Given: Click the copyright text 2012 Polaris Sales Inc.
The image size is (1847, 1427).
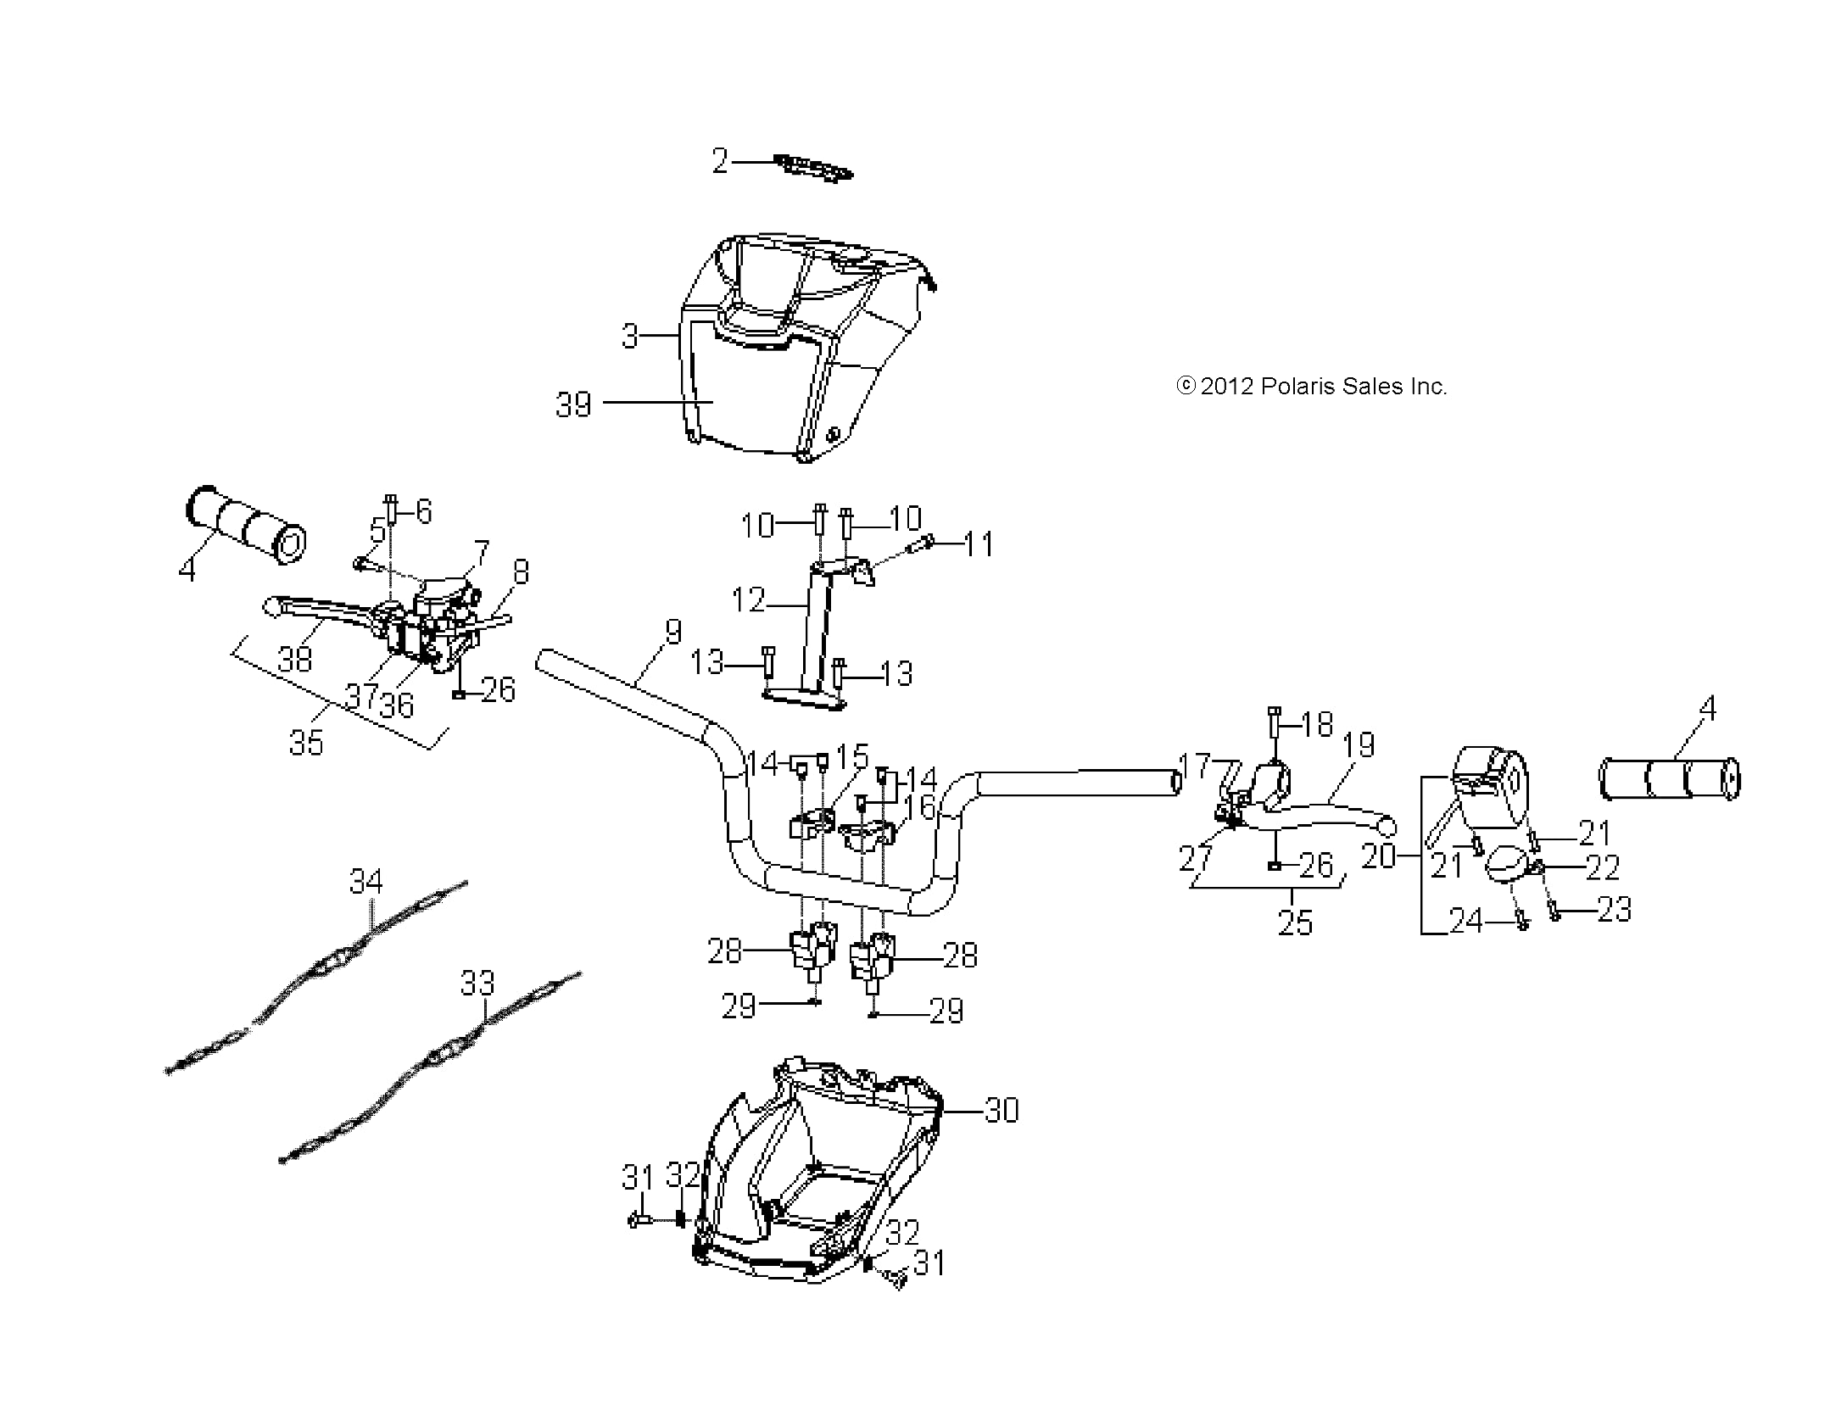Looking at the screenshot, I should click(1311, 387).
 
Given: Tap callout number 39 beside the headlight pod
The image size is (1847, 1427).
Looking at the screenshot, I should click(573, 404).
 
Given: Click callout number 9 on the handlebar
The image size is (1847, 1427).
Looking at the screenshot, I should click(672, 632).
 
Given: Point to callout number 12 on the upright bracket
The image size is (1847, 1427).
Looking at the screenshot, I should click(748, 601).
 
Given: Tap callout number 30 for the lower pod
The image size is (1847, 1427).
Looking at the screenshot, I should click(1002, 1110).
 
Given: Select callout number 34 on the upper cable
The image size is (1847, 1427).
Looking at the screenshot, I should click(365, 882).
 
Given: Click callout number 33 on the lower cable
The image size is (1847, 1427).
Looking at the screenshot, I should click(477, 984).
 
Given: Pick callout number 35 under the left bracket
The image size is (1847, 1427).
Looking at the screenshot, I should click(306, 743).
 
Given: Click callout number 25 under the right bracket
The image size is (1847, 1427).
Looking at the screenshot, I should click(1295, 923).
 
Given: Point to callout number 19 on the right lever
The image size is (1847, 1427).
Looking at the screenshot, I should click(1359, 745).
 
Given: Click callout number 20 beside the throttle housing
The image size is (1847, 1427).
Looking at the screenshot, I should click(1378, 856).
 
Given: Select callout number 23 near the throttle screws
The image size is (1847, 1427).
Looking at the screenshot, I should click(1614, 910).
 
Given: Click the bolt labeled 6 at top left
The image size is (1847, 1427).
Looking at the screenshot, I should click(391, 510).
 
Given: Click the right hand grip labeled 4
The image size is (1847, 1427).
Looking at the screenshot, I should click(1669, 779).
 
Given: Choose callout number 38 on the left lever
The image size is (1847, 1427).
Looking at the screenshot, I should click(294, 659).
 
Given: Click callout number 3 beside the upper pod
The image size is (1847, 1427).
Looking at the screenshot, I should click(629, 336).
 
